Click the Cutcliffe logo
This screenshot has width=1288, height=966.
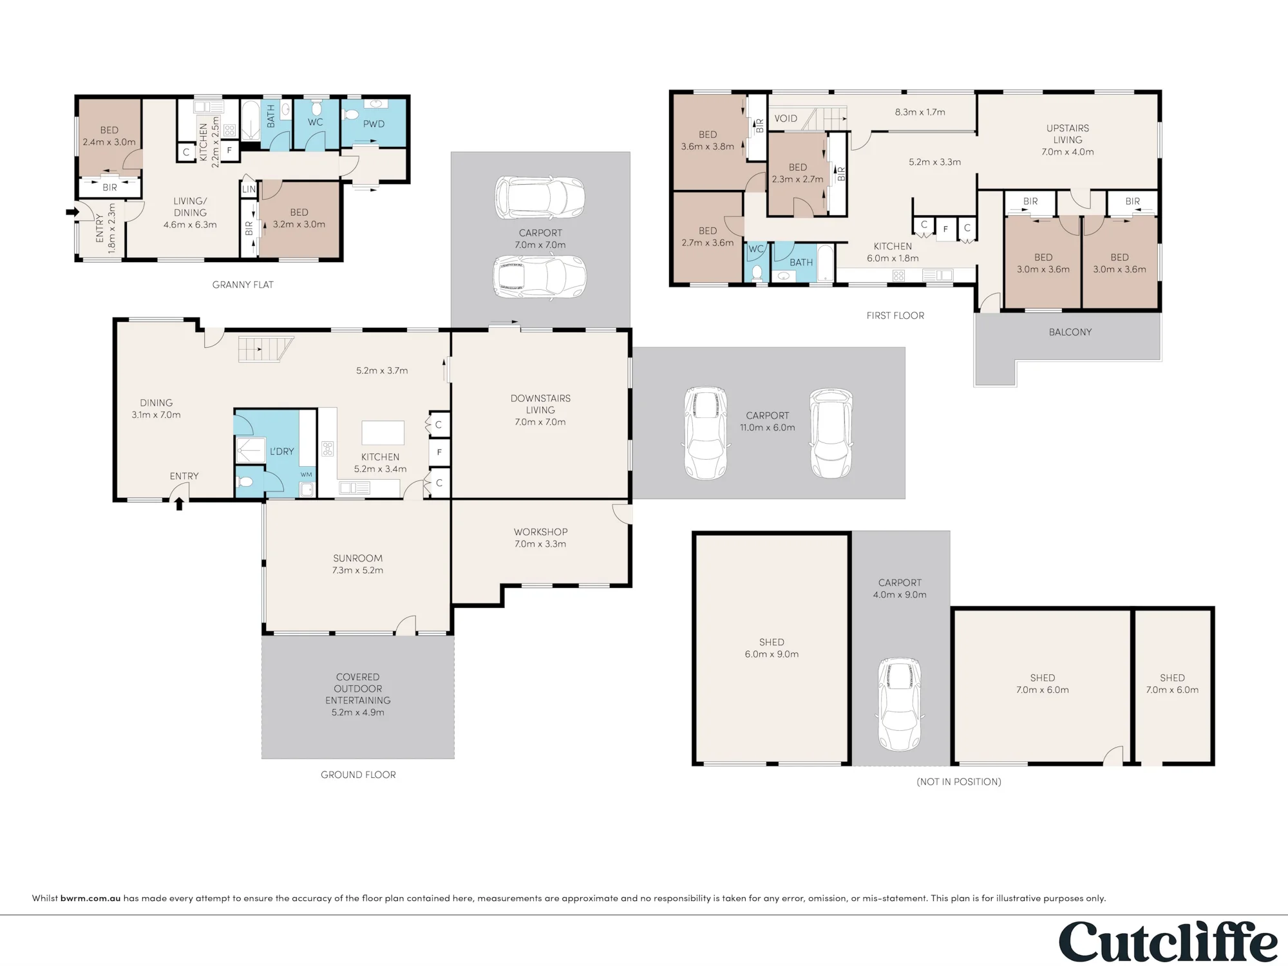[x=1168, y=942]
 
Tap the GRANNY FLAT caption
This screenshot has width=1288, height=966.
[x=243, y=285]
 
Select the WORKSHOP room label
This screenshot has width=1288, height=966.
[x=540, y=532]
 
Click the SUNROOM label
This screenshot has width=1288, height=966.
[x=357, y=558]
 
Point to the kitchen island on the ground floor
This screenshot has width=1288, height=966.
[x=383, y=433]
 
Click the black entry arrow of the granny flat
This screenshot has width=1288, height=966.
[x=72, y=211]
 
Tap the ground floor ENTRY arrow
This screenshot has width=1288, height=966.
[x=179, y=503]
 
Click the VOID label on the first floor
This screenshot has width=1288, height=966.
[x=786, y=118]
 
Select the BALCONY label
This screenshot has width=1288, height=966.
[x=1070, y=332]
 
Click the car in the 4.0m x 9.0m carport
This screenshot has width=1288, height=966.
[x=900, y=705]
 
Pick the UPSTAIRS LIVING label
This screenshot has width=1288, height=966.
[x=1068, y=134]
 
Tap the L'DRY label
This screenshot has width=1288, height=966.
[x=282, y=451]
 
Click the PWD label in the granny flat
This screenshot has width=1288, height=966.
[x=374, y=124]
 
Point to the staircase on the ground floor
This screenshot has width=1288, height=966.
[x=265, y=350]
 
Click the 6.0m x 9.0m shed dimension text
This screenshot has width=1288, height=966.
[x=772, y=654]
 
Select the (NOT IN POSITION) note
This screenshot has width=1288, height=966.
[x=959, y=782]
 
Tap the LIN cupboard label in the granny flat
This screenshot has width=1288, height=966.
[x=249, y=189]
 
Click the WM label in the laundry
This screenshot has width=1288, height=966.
[x=307, y=475]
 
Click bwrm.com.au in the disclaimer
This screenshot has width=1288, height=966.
[x=91, y=898]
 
